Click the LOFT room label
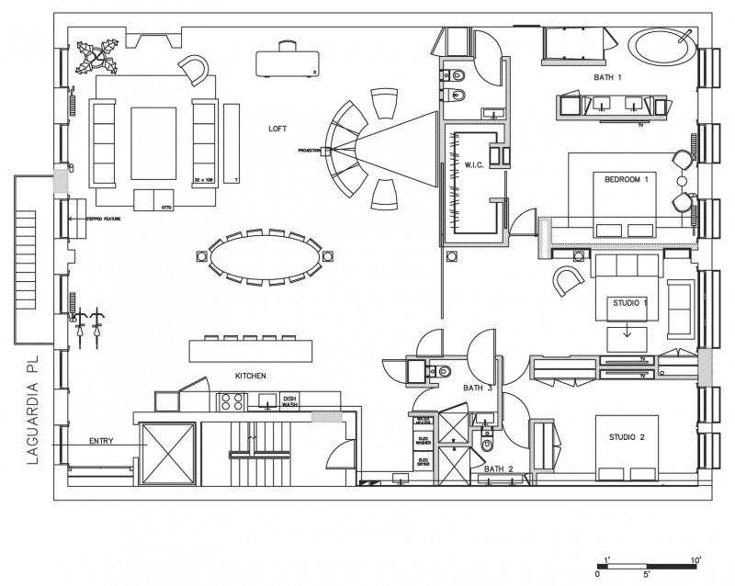pos(277,129)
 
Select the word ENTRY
pos(101,442)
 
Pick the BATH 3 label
pos(477,389)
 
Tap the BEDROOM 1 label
pos(626,180)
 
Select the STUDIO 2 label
pos(628,438)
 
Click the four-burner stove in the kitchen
pos(231,401)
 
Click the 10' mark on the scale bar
pos(695,559)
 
